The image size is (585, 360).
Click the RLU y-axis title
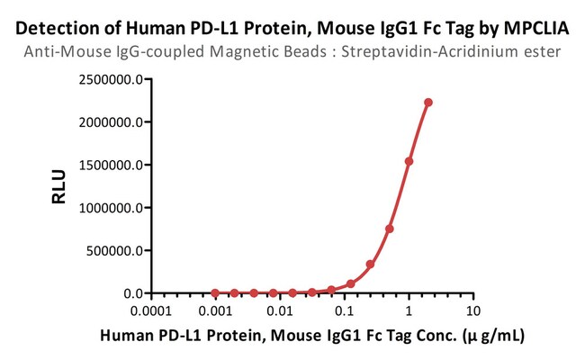pos(59,186)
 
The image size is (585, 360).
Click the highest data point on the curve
pos(428,103)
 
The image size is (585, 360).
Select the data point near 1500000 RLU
pos(409,162)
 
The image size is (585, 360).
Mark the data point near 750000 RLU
pos(390,229)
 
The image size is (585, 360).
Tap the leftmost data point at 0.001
pos(215,292)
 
